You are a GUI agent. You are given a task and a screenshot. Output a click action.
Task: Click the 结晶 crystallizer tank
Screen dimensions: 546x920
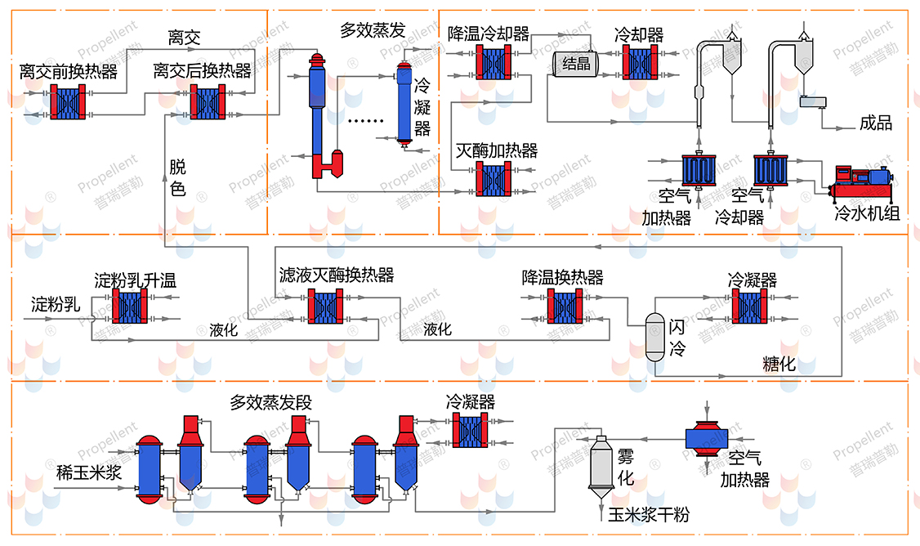[x=576, y=63]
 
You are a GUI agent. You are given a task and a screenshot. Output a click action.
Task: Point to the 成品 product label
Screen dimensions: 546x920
[x=876, y=123]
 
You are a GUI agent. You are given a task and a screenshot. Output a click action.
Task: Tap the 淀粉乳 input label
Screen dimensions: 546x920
[x=56, y=306]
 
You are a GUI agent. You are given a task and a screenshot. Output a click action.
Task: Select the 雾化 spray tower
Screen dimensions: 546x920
[x=601, y=465]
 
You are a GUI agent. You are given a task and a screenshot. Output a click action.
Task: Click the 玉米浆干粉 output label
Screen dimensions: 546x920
[x=649, y=516]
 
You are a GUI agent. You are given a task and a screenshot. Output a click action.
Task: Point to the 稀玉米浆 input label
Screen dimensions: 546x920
[x=88, y=473]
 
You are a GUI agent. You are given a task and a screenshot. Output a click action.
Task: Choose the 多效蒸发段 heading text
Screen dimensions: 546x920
[x=270, y=403]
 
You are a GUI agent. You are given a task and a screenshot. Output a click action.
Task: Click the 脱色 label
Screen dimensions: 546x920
[x=177, y=178]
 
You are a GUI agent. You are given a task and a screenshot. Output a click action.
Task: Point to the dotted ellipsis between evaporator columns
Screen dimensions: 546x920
[x=365, y=121]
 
